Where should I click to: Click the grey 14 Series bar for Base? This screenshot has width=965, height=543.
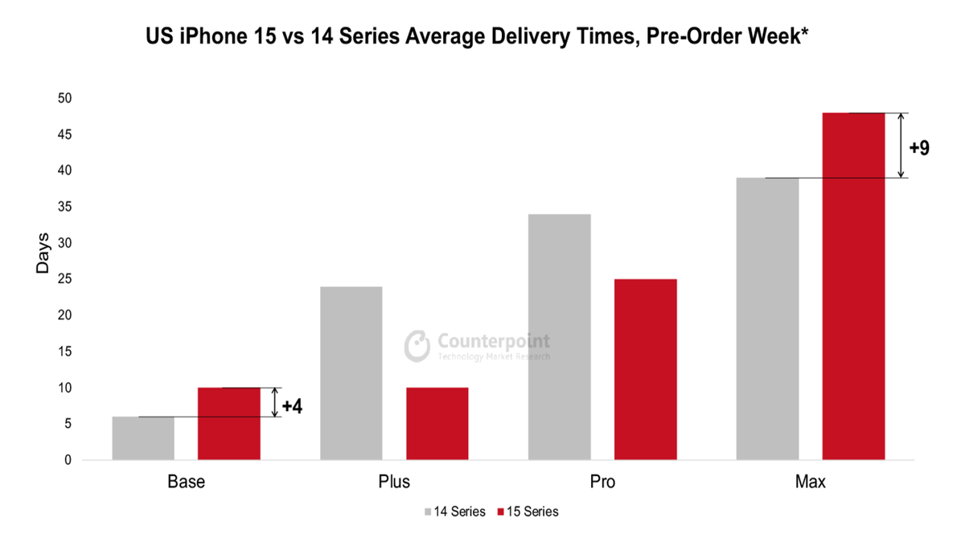coord(143,438)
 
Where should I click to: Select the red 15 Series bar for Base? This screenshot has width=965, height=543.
coord(229,424)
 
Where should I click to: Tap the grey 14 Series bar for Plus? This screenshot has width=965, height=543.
coord(351,373)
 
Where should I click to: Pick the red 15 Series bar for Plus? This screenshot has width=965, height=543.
coord(437,424)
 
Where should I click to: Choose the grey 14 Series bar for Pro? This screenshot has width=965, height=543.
coord(560,337)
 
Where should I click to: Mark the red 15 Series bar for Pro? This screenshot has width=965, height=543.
coord(646,369)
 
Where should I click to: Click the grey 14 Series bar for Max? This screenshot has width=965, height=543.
coord(768,319)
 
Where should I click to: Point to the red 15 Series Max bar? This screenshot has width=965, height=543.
coord(854,286)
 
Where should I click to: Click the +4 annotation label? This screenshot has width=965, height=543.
coord(292,405)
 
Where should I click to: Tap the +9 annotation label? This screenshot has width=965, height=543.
coord(919,148)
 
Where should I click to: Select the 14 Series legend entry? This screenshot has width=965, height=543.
coord(454,512)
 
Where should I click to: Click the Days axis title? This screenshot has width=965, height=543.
coord(43,253)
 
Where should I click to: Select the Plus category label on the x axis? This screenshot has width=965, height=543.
coord(394,483)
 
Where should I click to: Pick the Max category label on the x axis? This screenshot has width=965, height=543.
coord(811,483)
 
